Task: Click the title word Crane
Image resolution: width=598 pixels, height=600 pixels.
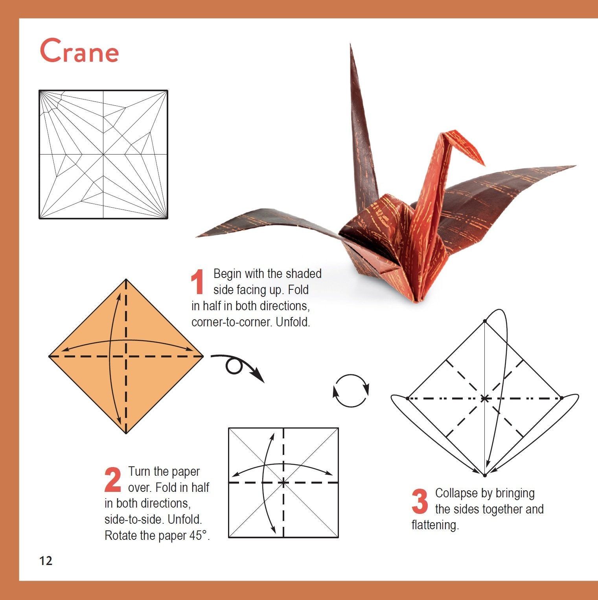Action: (x=79, y=51)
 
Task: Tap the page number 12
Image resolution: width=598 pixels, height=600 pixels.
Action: (x=46, y=561)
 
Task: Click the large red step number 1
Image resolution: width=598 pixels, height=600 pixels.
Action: (x=197, y=282)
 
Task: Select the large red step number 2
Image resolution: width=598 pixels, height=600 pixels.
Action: (x=113, y=479)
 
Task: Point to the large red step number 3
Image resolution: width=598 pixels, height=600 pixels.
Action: (x=420, y=501)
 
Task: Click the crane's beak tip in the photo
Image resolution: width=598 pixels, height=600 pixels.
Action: (x=484, y=165)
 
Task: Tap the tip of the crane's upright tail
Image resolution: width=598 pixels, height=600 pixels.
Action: (x=350, y=44)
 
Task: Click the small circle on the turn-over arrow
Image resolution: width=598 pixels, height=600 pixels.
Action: (x=234, y=366)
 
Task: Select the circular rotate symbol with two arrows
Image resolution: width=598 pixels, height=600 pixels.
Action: (x=351, y=391)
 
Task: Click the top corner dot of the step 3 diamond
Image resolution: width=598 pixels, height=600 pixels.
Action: (x=485, y=321)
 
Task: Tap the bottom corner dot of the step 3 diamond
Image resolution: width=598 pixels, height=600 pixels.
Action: (x=485, y=475)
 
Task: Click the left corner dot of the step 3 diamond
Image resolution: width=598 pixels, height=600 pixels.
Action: (x=408, y=398)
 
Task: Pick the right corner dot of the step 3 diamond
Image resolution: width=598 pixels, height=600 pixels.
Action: (x=562, y=398)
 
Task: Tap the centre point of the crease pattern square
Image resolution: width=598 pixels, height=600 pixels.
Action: (x=103, y=155)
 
